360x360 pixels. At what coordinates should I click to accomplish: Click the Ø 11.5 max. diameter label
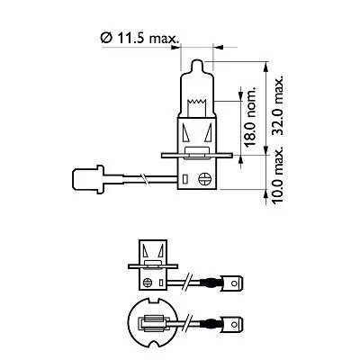[x=139, y=37]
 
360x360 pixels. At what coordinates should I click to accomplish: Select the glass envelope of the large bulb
[x=199, y=90]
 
